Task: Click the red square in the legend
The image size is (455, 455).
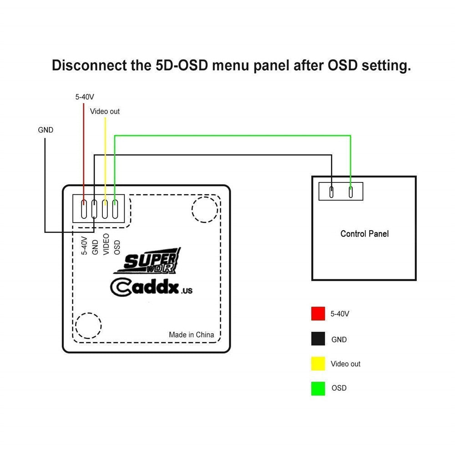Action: tap(318, 313)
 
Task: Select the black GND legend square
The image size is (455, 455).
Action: tap(318, 339)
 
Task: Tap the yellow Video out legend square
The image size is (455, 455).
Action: tap(318, 364)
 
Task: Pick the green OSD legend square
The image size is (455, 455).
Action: tap(318, 388)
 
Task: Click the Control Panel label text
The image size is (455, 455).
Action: tap(364, 234)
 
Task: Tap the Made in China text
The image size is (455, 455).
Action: tap(191, 335)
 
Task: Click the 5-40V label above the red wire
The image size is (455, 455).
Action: tap(85, 97)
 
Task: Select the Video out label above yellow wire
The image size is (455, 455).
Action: tap(105, 111)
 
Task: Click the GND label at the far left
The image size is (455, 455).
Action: tap(45, 130)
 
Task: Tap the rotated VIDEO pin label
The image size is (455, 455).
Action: tap(106, 243)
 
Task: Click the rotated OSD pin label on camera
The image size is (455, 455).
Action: tap(117, 246)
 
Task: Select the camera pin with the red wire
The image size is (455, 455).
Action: tap(84, 209)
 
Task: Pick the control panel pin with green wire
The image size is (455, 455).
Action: tap(351, 191)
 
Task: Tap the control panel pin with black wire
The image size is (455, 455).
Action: tap(332, 191)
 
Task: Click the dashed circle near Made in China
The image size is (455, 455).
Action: tap(88, 325)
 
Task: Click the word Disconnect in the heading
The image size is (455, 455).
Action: tap(87, 66)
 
